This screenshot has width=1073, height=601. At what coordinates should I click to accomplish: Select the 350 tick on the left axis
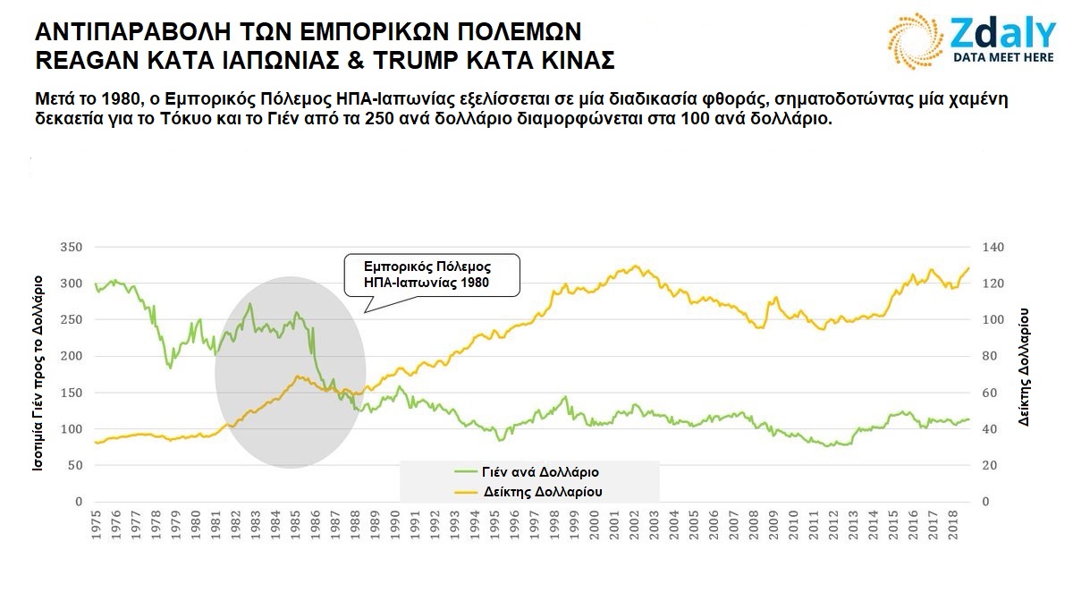tap(71, 247)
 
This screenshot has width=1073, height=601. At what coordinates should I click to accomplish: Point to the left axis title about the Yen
tap(39, 374)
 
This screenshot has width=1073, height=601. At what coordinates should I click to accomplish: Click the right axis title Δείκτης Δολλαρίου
tap(1025, 366)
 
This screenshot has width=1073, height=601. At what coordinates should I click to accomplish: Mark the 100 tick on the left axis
tap(71, 428)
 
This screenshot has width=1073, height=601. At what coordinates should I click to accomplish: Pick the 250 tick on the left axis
tap(71, 319)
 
